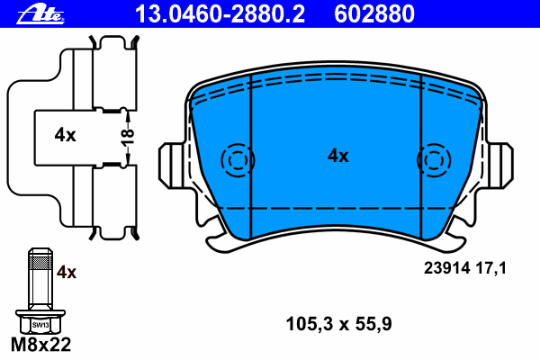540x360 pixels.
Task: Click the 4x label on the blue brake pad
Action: pos(337,156)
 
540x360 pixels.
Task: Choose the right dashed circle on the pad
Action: pos(435,160)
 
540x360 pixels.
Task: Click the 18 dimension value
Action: pos(129,137)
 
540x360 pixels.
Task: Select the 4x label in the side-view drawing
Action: pos(64,136)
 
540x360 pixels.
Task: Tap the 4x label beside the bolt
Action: pos(67,272)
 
